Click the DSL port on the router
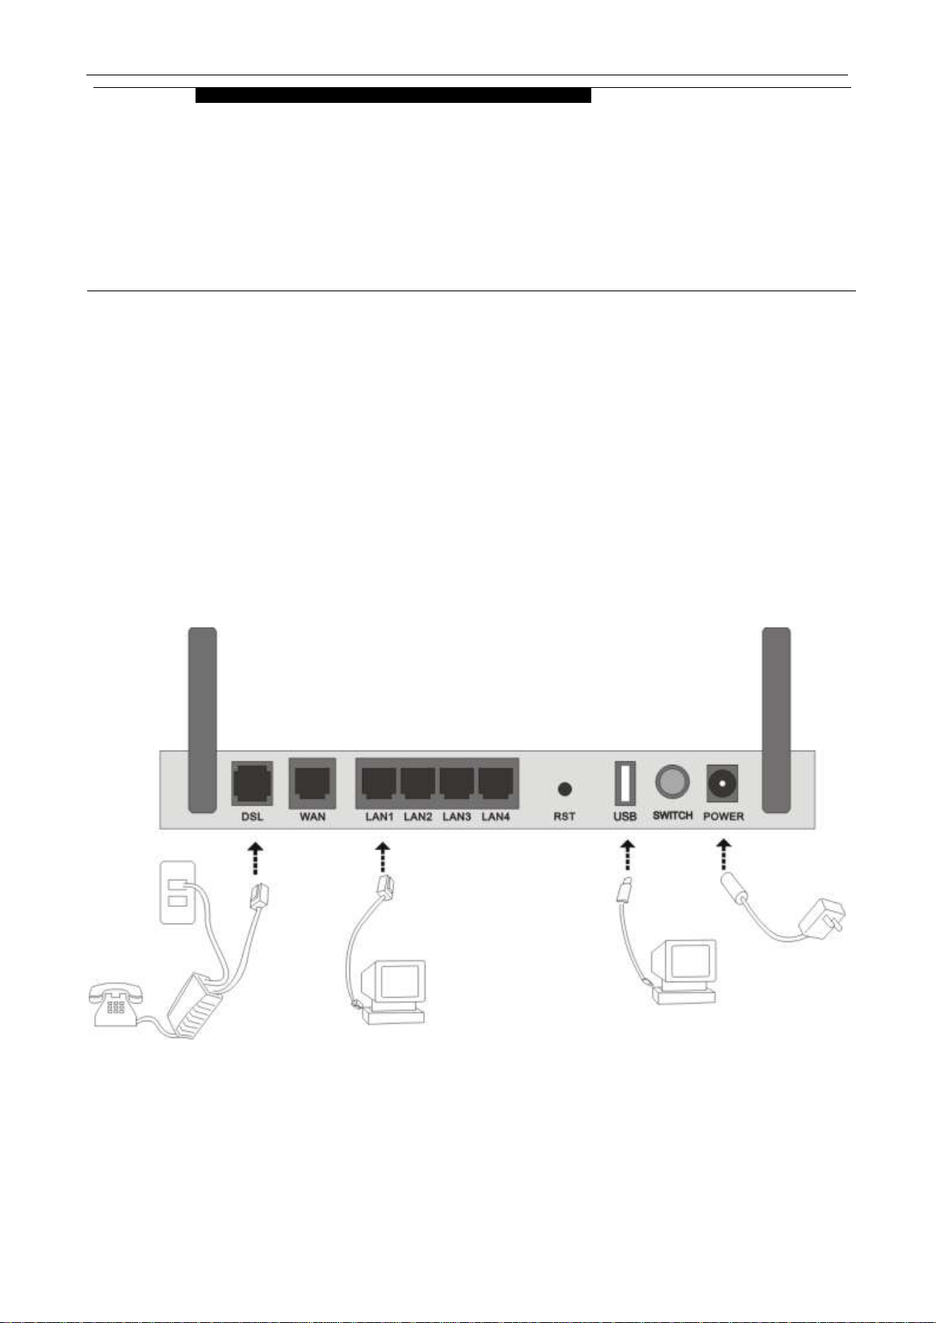[252, 783]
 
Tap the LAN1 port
[379, 784]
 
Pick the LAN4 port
[495, 784]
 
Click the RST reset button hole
[565, 788]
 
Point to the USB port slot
[625, 783]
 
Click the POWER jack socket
[722, 784]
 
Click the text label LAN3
[456, 817]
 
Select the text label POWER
[723, 817]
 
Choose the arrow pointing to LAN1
[382, 857]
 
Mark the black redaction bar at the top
[393, 95]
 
